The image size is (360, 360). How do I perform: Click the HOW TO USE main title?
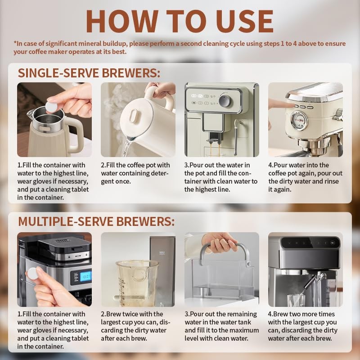pos(180,21)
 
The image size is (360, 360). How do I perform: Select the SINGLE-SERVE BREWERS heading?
pos(89,73)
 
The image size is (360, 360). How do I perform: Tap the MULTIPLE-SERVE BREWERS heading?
pos(96,222)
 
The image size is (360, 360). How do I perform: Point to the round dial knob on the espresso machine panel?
pos(224,101)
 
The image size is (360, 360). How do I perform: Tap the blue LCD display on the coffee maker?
pos(85,276)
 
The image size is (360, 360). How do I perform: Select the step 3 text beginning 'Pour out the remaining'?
pos(221,314)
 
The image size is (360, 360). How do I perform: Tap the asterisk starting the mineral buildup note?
pos(15,44)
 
